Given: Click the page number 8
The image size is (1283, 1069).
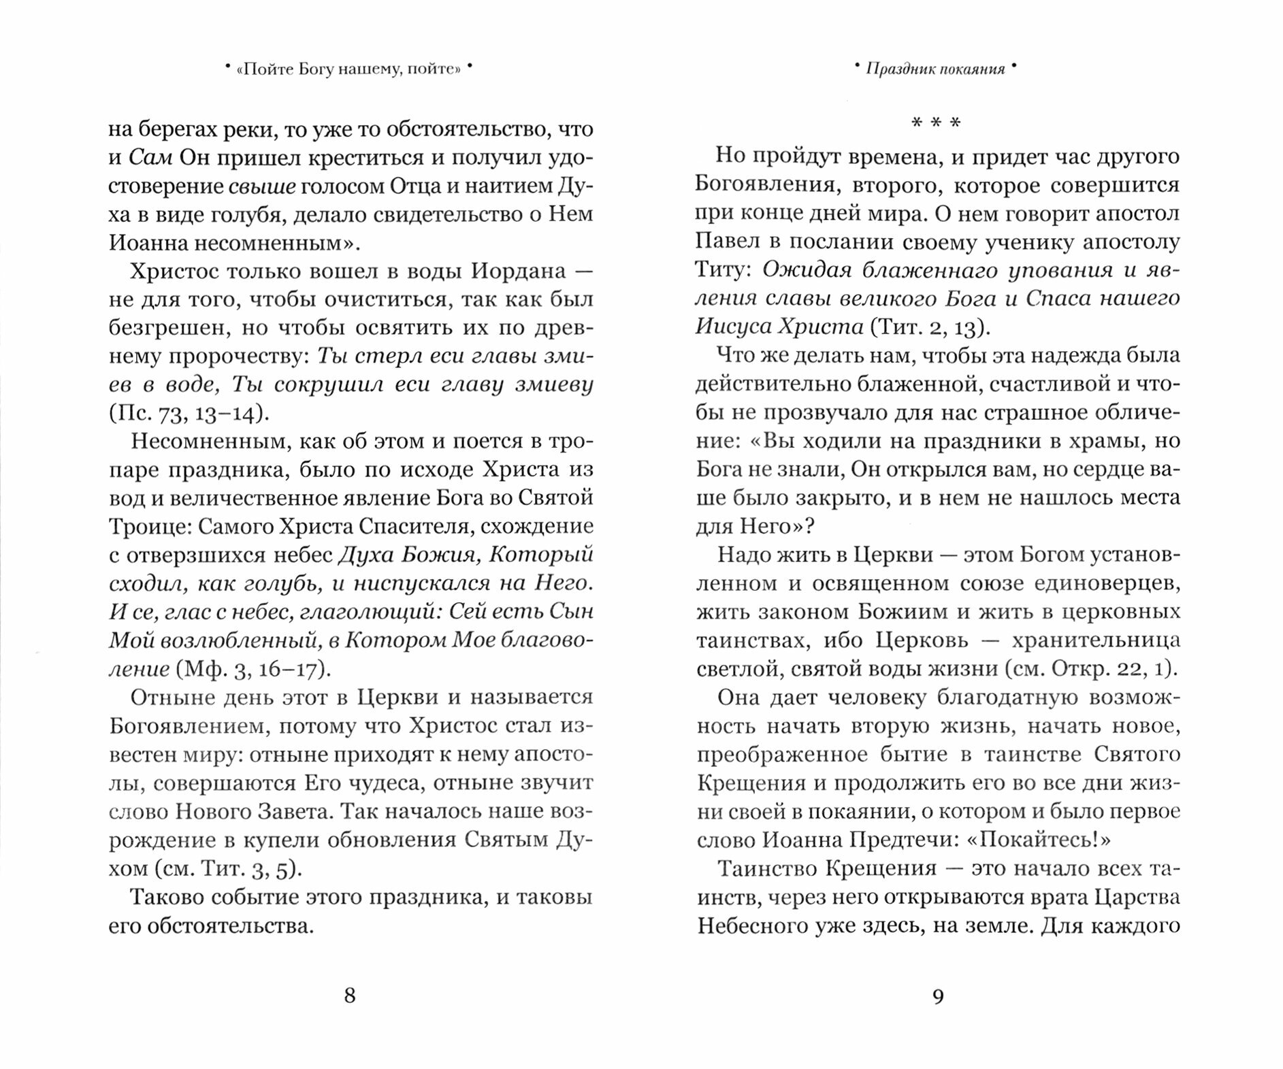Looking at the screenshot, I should click(350, 996).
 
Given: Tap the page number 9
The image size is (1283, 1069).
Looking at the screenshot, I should click(938, 996).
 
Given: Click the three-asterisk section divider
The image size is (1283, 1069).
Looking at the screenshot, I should click(936, 123).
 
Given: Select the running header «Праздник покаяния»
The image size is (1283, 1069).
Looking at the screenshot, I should click(935, 69).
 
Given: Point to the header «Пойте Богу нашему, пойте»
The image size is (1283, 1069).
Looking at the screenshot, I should click(348, 69).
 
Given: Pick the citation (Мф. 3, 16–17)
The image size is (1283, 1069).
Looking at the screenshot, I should click(253, 669).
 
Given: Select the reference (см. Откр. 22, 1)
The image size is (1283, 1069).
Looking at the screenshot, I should click(1091, 668).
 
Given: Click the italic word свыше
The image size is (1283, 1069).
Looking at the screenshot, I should click(262, 186).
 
